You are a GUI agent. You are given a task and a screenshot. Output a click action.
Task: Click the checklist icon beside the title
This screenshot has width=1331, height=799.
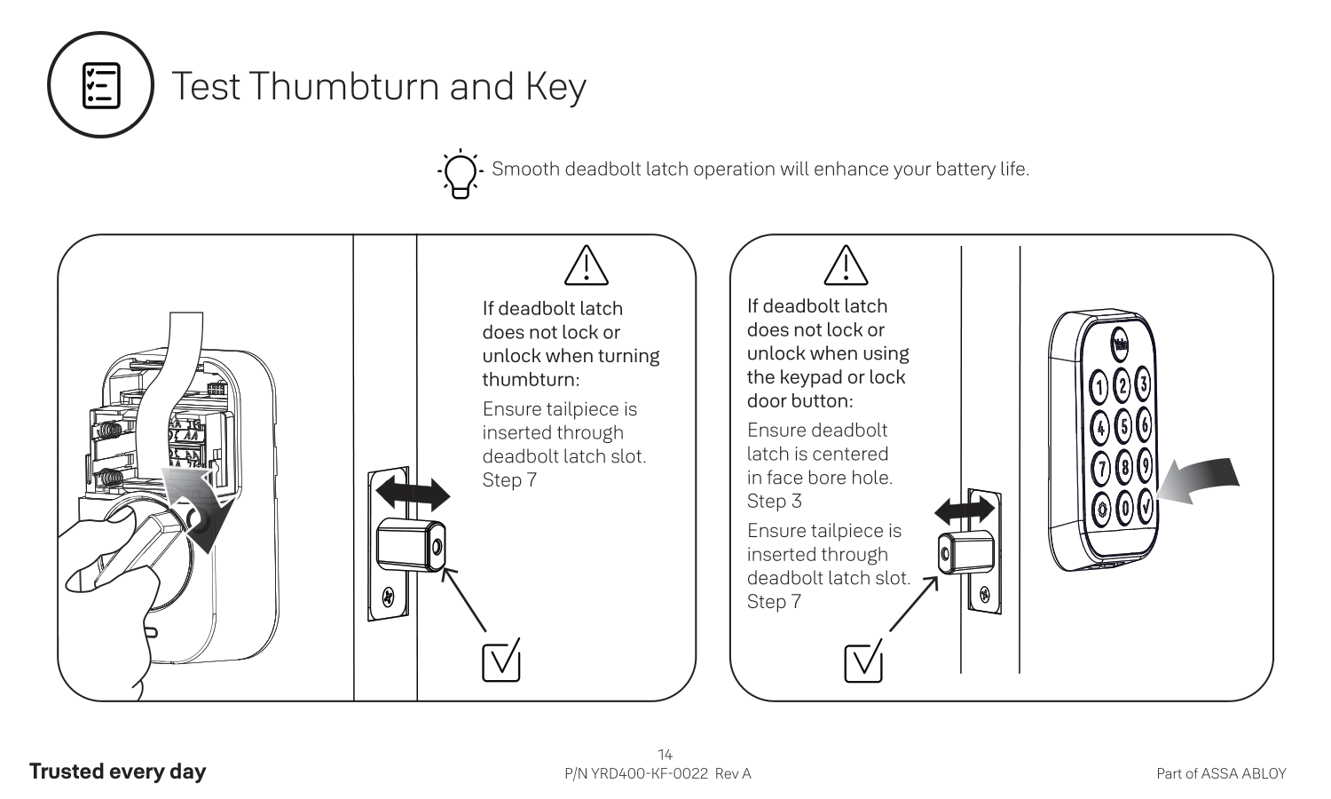[x=101, y=85]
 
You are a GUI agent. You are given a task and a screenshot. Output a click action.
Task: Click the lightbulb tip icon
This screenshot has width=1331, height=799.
[x=461, y=172]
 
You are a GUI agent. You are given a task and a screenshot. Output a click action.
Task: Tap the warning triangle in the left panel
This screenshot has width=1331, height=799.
[x=586, y=265]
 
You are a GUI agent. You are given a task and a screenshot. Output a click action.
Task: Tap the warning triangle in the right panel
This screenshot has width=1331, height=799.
[x=846, y=265]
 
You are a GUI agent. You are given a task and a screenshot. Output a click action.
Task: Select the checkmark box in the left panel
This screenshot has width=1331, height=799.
[x=500, y=661]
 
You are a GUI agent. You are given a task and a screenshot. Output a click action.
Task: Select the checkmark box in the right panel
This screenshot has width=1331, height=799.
[x=863, y=661]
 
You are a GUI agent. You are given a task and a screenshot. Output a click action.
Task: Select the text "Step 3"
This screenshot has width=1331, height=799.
[x=774, y=502]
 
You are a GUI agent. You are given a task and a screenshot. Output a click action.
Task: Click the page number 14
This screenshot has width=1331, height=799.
[x=665, y=755]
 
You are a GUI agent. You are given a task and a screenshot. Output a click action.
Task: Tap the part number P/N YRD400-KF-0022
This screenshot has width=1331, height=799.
[x=636, y=773]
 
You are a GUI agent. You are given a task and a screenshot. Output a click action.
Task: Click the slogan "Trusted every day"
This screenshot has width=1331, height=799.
[x=117, y=771]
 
